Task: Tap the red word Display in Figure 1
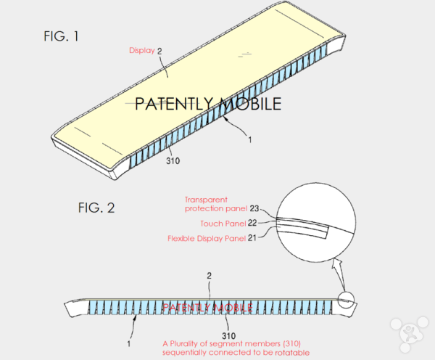pyautogui.click(x=142, y=50)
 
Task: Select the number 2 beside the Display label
pyautogui.click(x=159, y=50)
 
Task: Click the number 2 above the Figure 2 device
pyautogui.click(x=210, y=277)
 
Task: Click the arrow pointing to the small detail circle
pyautogui.click(x=338, y=277)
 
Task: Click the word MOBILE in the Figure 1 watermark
pyautogui.click(x=245, y=104)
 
